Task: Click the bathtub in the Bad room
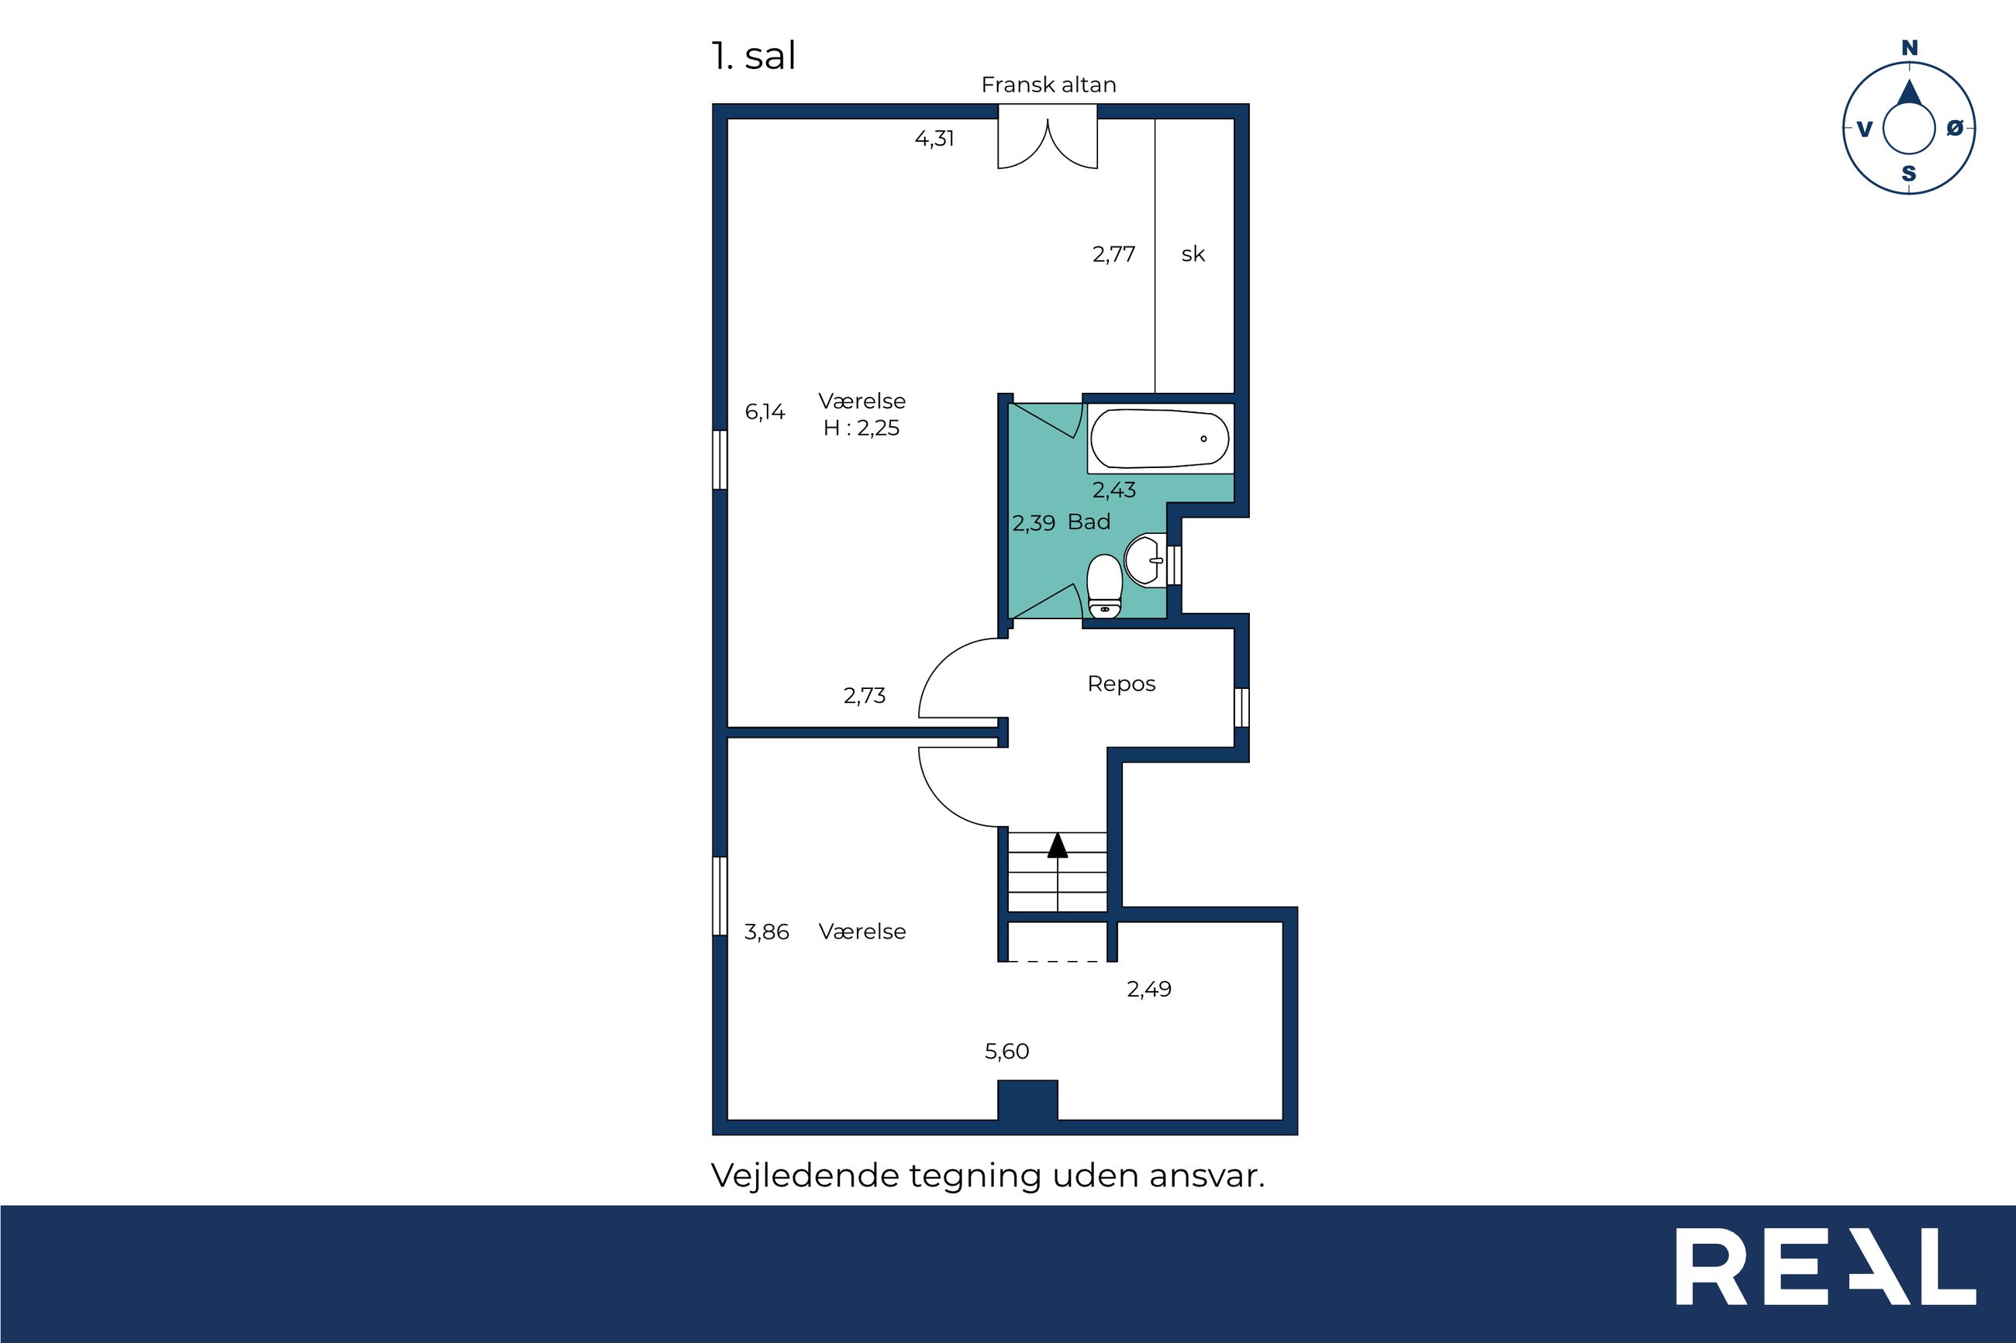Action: coord(1159,438)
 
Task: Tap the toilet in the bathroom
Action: coord(1104,586)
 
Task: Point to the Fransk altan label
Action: coord(1048,84)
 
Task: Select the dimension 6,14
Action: coord(765,412)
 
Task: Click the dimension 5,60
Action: coord(1006,1051)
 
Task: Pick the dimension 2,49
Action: coord(1149,990)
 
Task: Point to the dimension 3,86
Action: coord(766,931)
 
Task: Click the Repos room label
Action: coord(1121,684)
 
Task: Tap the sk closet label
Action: coord(1193,253)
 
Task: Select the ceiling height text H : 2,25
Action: coord(861,429)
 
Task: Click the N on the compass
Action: coord(1910,48)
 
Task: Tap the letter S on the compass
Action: coord(1909,174)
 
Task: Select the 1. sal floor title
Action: coord(753,56)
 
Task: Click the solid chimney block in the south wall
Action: coord(1027,1100)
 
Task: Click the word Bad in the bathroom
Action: coord(1089,522)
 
